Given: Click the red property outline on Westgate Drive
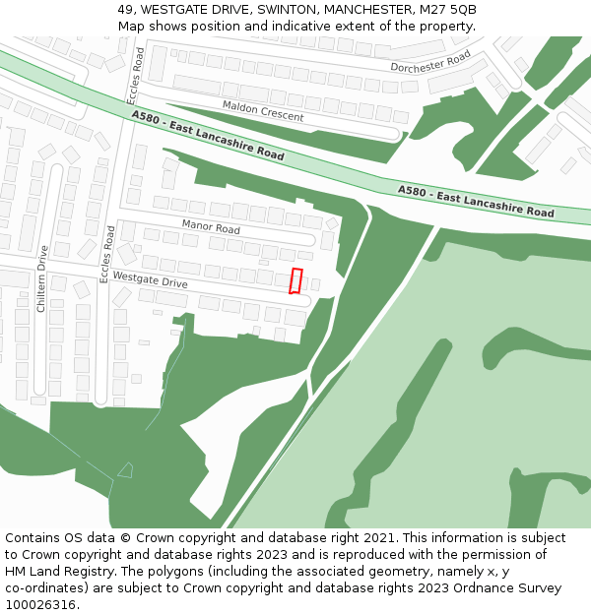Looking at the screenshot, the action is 295,280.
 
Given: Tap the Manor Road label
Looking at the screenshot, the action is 211,227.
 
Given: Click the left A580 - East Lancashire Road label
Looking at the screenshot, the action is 207,136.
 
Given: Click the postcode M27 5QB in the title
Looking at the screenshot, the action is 449,9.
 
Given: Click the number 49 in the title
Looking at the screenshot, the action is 125,9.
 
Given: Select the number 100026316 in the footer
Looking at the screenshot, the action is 41,604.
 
